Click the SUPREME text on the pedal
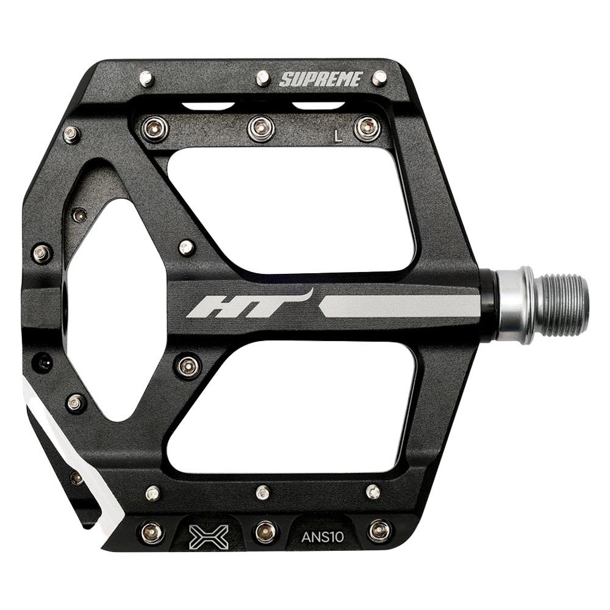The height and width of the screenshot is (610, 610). (321, 79)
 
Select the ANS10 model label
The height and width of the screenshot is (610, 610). (323, 537)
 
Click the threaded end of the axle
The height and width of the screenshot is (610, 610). (564, 305)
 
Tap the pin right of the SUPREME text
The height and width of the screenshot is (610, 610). (379, 77)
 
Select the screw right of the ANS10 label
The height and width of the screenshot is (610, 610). (379, 531)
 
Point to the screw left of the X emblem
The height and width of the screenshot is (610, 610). (152, 533)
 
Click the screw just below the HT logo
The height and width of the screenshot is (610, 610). (188, 366)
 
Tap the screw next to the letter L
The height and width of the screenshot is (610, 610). (367, 128)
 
